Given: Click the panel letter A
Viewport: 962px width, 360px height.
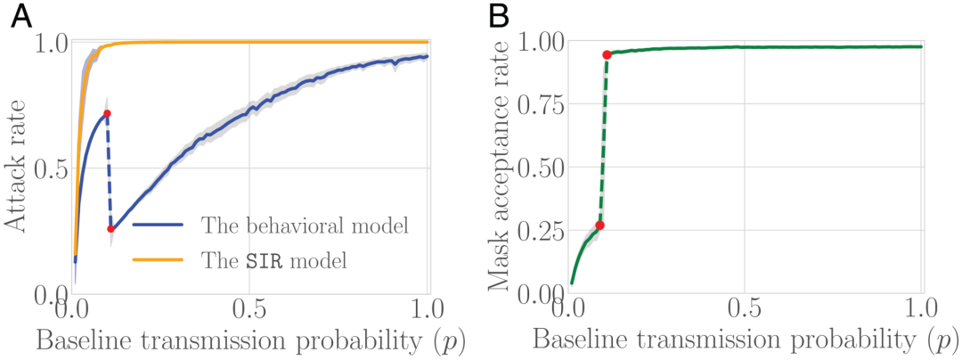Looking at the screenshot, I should point(21,16).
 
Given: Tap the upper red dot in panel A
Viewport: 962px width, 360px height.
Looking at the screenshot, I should point(107,113).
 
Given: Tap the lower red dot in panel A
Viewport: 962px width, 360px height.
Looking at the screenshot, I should point(110,229).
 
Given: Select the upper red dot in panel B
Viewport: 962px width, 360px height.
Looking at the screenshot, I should point(607,55).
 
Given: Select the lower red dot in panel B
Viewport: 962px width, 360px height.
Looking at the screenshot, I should point(599,225).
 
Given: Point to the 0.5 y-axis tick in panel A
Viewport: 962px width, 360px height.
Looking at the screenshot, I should point(51,168).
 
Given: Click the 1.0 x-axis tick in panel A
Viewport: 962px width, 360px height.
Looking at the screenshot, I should point(428,314).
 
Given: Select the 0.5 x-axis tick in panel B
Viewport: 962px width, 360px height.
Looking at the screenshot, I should point(745,314).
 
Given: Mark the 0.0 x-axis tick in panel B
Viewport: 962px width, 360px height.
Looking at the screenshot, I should point(568,314).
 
